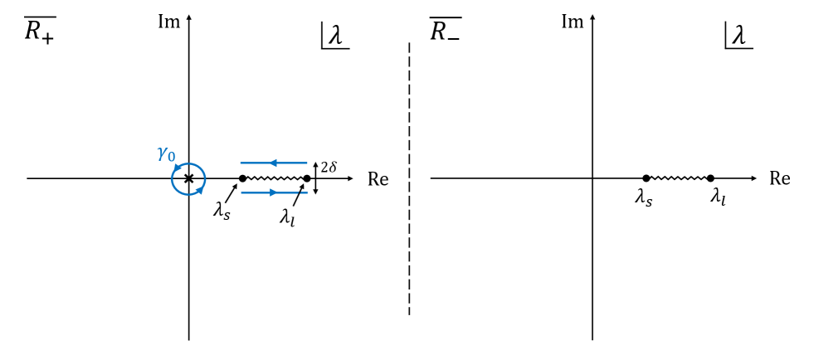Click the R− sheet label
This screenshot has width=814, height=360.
click(445, 31)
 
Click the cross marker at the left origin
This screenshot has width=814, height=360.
click(188, 178)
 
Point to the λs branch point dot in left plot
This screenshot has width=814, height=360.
click(242, 178)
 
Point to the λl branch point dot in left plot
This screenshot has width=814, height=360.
click(307, 178)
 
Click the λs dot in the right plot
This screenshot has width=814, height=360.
click(646, 178)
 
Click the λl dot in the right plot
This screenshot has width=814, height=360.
click(711, 178)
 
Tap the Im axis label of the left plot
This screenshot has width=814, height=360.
click(169, 21)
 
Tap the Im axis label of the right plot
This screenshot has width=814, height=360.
click(573, 21)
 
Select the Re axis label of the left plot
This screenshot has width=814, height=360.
click(378, 179)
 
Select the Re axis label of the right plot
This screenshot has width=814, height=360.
click(779, 179)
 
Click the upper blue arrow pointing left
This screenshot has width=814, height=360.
click(274, 163)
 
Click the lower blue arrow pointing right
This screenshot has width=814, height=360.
click(274, 193)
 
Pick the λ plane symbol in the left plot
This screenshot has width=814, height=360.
click(334, 35)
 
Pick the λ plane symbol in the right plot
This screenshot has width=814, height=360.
click(738, 35)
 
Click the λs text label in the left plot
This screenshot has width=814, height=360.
click(222, 211)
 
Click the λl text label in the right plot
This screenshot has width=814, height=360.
click(718, 198)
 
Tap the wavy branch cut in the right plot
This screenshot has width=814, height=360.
click(679, 178)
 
